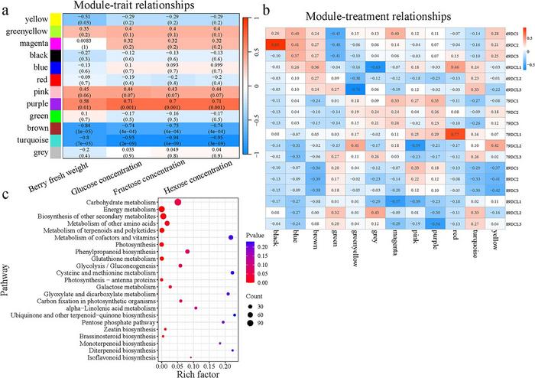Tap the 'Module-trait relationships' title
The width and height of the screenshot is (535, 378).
pos(128,8)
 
